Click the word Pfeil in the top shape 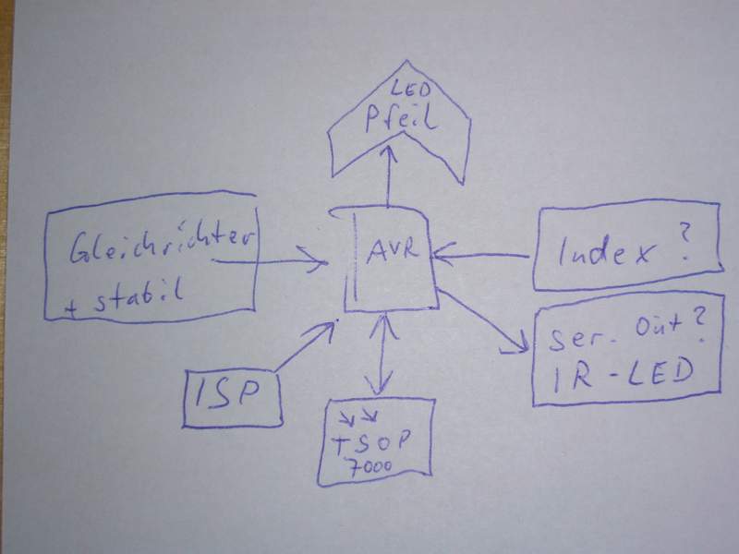click(x=398, y=119)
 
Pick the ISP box click(x=231, y=399)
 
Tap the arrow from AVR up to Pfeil click(x=389, y=175)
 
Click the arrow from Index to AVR click(x=485, y=255)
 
